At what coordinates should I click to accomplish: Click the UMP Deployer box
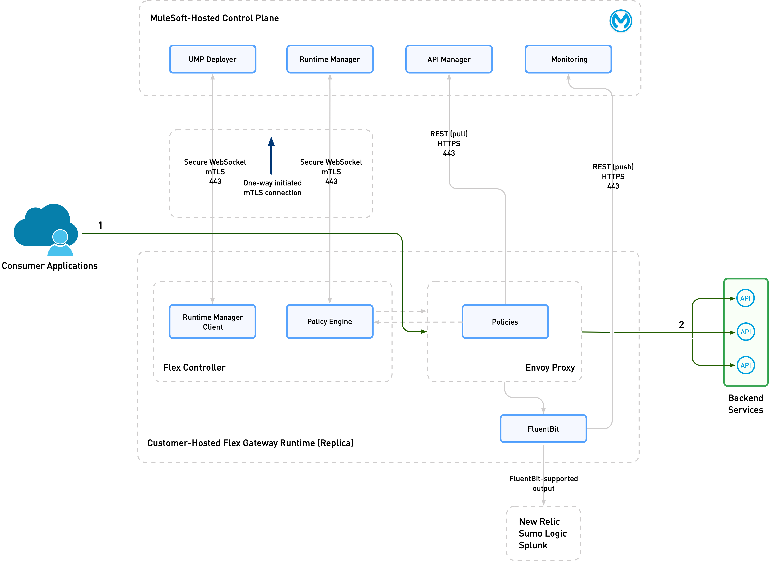pyautogui.click(x=213, y=59)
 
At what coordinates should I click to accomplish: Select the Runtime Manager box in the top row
pyautogui.click(x=330, y=59)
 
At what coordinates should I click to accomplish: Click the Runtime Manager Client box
pyautogui.click(x=213, y=322)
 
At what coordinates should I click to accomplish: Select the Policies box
pyautogui.click(x=505, y=322)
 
